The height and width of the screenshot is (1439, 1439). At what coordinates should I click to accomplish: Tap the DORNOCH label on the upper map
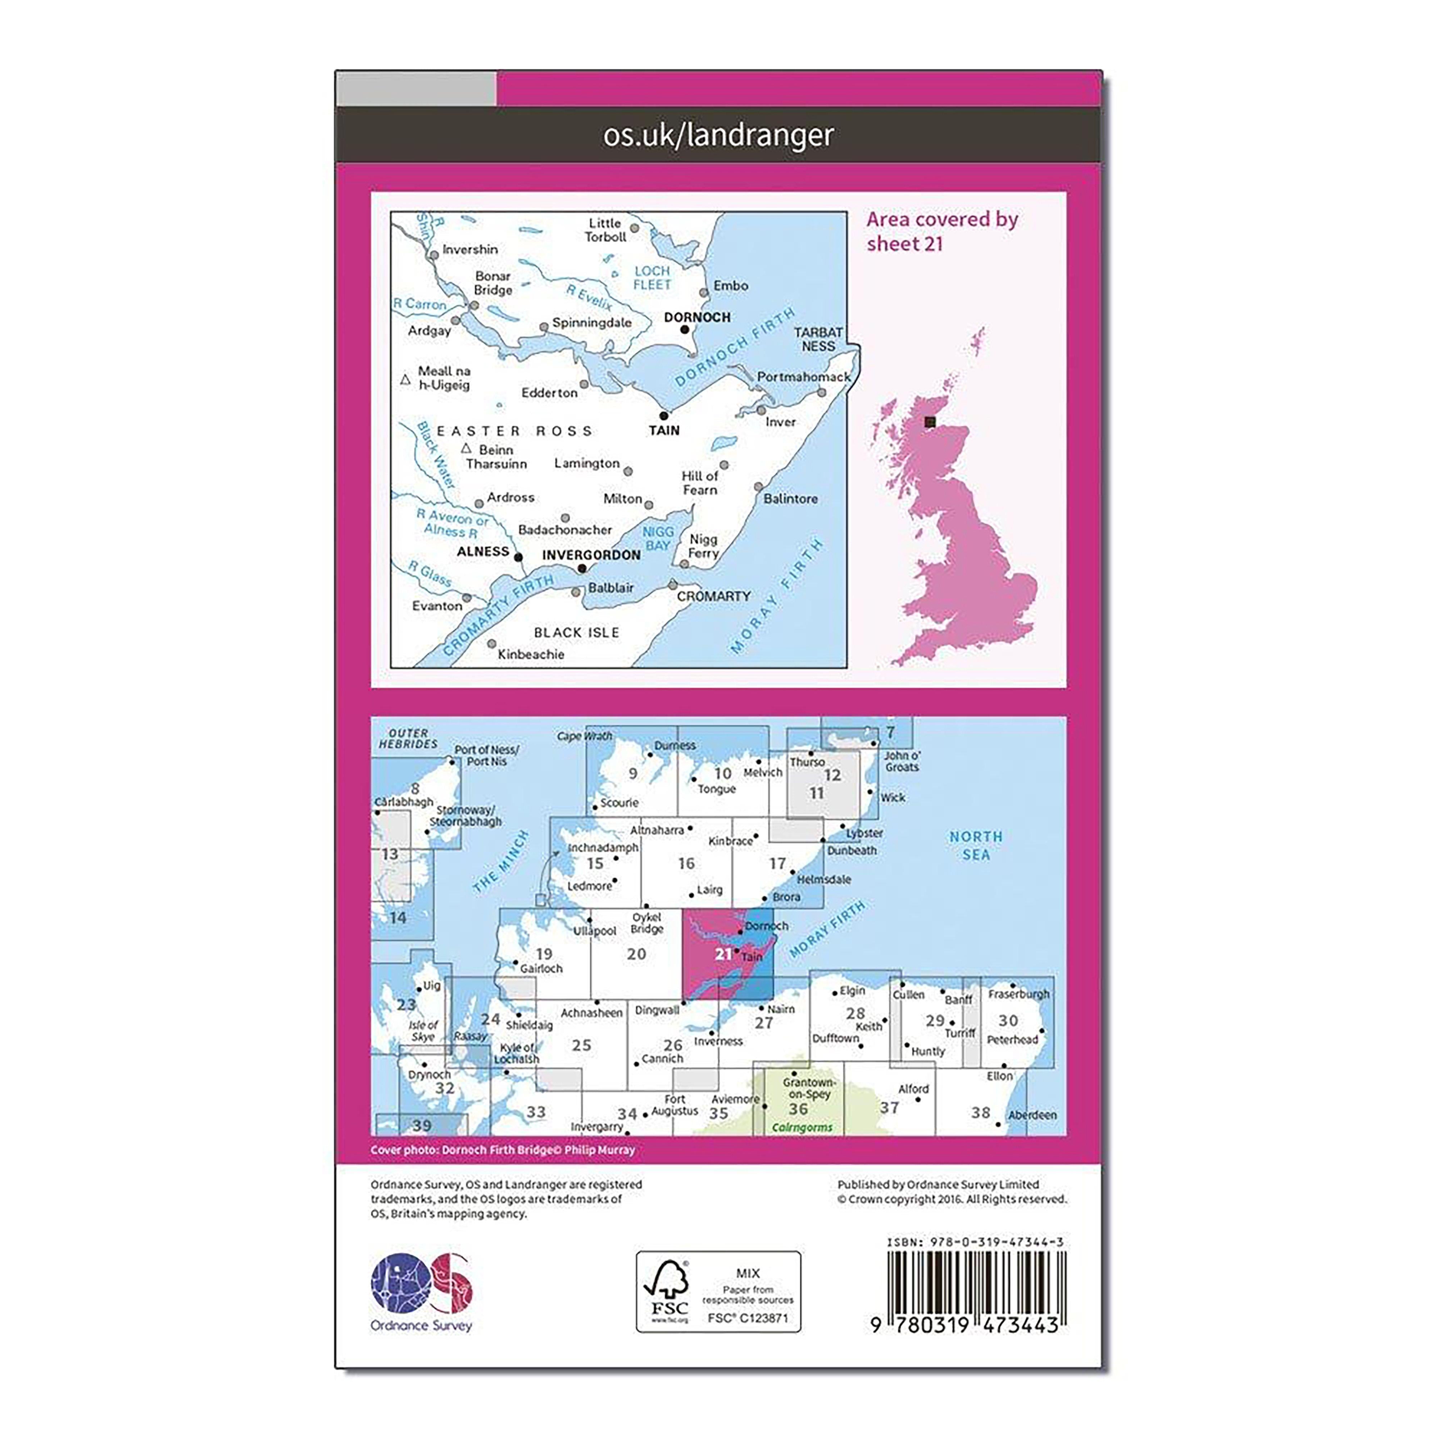[x=697, y=317]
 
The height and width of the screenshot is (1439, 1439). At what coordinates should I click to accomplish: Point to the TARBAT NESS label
[x=818, y=339]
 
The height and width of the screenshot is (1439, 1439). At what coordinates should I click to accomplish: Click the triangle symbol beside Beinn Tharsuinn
[x=466, y=448]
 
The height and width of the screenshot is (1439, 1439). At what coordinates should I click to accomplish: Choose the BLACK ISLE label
[x=576, y=632]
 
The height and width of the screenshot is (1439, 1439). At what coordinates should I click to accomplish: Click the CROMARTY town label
[x=713, y=596]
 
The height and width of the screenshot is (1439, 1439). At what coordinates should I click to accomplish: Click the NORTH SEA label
[x=976, y=845]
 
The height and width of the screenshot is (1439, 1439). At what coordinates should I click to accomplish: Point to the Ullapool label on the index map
[x=594, y=931]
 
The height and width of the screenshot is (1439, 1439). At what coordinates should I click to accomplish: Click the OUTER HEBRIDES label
[x=408, y=738]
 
